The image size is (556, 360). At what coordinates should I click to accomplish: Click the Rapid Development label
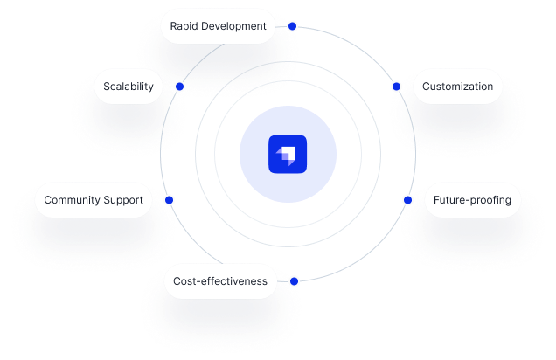click(x=218, y=26)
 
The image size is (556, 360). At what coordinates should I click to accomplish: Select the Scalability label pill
click(x=129, y=87)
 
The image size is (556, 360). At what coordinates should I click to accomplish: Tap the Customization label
click(x=457, y=87)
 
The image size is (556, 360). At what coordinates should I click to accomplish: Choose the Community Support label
click(x=94, y=200)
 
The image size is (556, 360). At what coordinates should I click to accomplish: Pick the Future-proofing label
click(x=472, y=200)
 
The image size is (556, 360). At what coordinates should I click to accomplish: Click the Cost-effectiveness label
click(x=220, y=281)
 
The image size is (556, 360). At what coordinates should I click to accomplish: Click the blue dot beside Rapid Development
click(x=293, y=26)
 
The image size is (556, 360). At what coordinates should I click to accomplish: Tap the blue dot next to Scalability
click(x=179, y=87)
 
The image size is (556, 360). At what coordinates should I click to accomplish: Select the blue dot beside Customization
click(x=396, y=87)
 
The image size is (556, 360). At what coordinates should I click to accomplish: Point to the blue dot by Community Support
click(x=170, y=200)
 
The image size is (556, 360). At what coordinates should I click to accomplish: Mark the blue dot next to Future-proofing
click(x=407, y=200)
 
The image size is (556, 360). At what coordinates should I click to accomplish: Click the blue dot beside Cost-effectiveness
click(x=295, y=281)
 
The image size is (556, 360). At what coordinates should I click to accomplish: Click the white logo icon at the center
click(x=287, y=155)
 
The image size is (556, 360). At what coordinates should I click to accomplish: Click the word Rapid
click(x=184, y=26)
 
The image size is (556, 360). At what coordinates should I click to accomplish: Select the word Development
click(x=234, y=26)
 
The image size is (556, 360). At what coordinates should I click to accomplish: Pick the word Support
click(x=124, y=200)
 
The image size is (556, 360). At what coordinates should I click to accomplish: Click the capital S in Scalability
click(x=107, y=87)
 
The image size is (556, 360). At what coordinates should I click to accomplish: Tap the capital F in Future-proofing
click(x=437, y=200)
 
